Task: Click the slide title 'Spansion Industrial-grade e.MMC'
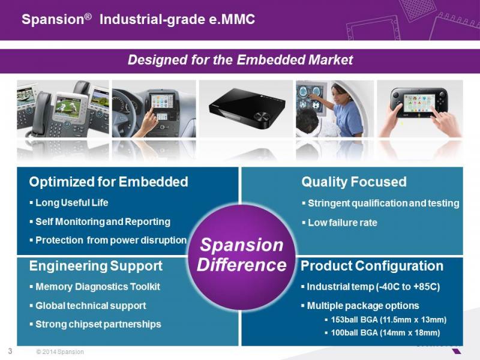[x=138, y=19]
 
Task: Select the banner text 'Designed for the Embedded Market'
[x=241, y=59]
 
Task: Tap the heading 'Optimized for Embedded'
[x=109, y=182]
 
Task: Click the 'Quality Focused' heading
[x=354, y=182]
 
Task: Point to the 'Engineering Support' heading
[x=96, y=266]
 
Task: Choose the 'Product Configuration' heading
[x=372, y=266]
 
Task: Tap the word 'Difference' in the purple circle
[x=242, y=265]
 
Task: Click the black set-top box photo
[x=247, y=108]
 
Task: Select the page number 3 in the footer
[x=10, y=351]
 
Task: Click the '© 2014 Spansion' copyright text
[x=60, y=352]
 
